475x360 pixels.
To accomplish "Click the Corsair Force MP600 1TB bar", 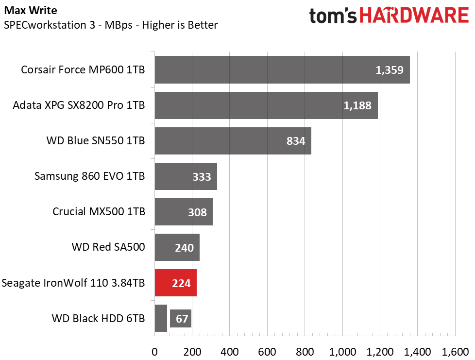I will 282,69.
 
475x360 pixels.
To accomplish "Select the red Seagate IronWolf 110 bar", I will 175,283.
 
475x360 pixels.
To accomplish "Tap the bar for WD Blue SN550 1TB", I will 233,141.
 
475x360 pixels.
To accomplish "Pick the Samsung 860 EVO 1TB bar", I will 186,176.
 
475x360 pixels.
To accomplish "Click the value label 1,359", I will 390,70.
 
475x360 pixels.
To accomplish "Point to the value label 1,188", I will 360,105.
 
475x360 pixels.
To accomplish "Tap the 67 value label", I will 182,319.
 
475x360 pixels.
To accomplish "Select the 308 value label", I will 197,212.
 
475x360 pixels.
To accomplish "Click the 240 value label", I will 184,248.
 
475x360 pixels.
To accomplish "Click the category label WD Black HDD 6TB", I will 98,319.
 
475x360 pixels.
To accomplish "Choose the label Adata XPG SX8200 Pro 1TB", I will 79,105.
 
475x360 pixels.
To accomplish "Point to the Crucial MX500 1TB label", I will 99,212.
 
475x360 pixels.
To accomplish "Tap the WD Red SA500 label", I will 108,247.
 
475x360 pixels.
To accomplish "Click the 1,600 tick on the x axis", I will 455,351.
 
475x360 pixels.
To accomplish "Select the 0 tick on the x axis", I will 154,351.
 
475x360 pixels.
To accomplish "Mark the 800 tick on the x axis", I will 305,351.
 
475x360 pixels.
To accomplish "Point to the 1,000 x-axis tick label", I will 342,351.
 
